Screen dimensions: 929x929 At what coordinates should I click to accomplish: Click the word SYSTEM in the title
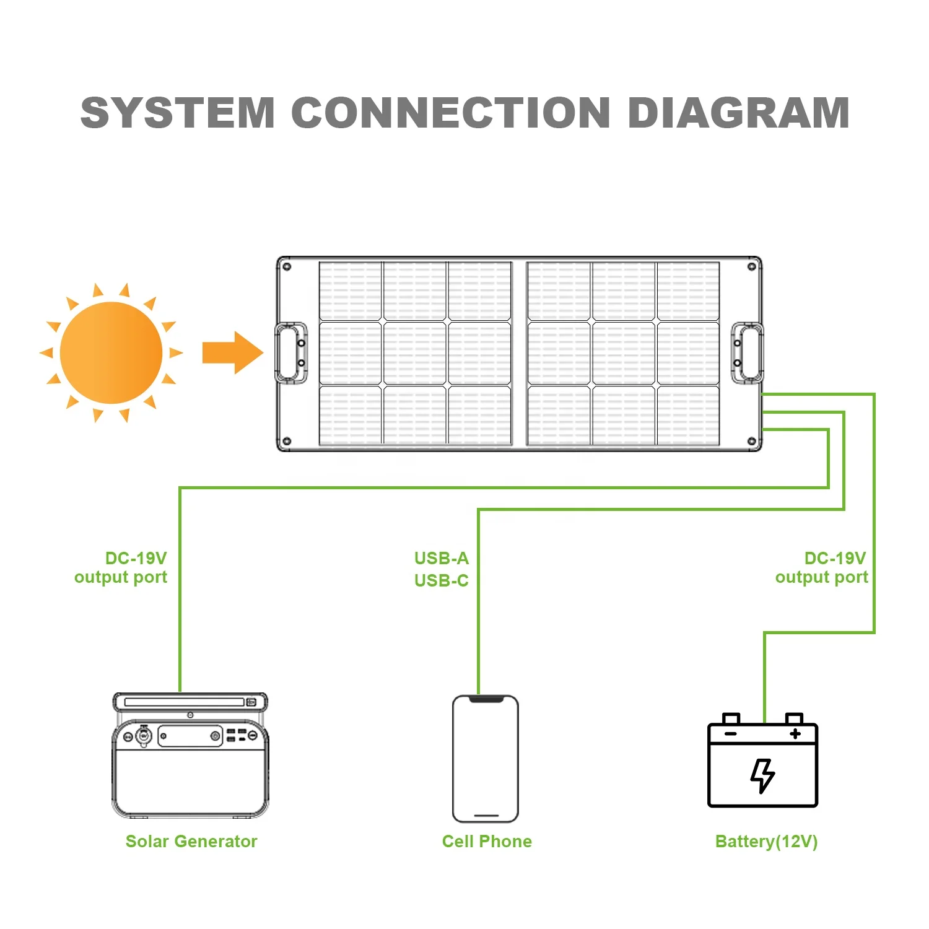178,113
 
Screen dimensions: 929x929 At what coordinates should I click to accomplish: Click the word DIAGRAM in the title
738,113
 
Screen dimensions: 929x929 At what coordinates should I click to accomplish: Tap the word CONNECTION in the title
451,113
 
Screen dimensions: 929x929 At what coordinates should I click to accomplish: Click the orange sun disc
111,353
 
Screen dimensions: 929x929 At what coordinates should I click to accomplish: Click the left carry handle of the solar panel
290,352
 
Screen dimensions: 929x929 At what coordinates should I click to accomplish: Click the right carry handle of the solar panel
748,352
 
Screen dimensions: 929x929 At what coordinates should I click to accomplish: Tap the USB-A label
442,559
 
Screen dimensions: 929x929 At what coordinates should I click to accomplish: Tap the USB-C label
442,581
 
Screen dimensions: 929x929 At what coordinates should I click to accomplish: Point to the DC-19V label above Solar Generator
136,559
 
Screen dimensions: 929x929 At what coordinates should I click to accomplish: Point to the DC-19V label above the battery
835,559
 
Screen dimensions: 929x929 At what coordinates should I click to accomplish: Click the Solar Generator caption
191,841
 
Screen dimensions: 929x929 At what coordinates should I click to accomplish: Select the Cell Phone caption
487,841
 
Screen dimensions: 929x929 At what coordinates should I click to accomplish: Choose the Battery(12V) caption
766,841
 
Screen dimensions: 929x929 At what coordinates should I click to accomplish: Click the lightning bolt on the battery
762,775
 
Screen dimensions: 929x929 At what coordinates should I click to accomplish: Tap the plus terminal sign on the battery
795,734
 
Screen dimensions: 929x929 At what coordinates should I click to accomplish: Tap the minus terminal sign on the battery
731,734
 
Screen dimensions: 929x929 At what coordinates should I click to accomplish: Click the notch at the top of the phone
486,699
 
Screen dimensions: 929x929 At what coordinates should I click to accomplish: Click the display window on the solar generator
190,736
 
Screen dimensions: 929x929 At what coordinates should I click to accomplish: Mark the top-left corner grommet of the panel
286,266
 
